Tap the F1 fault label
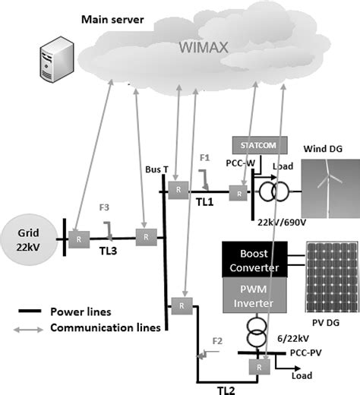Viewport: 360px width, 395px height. pyautogui.click(x=204, y=159)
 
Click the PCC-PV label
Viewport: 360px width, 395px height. pyautogui.click(x=307, y=353)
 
